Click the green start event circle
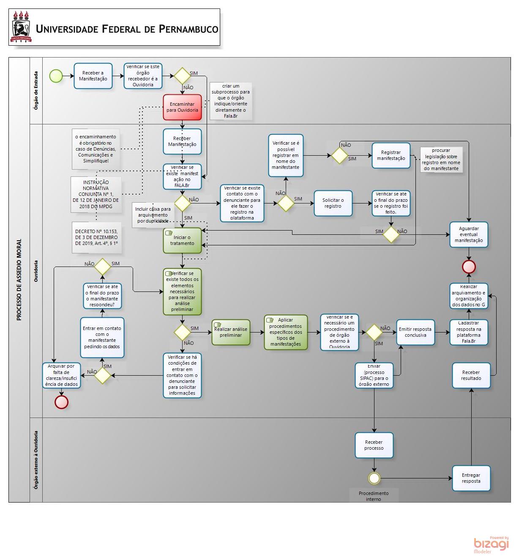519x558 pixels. coord(56,76)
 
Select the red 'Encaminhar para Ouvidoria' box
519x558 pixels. coord(182,107)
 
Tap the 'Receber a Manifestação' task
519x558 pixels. coord(93,76)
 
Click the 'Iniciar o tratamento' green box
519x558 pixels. coord(182,240)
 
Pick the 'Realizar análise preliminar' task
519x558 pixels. coord(231,332)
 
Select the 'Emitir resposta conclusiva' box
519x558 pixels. coord(415,332)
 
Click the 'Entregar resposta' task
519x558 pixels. coord(471,478)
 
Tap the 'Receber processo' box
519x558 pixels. coord(374,445)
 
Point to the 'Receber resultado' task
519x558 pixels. coord(471,375)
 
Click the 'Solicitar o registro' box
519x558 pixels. coord(333,203)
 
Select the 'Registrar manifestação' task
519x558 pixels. coord(391,155)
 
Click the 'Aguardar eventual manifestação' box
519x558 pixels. coord(469,234)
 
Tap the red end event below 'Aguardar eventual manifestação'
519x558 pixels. coord(469,267)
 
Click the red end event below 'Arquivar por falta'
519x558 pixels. coord(61,402)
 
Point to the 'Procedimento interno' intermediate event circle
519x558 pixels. coord(374,478)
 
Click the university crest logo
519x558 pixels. coord(21,27)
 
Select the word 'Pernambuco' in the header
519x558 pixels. coord(188,29)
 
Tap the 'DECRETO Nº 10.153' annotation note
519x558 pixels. coord(96,237)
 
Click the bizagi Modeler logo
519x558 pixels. coord(491,544)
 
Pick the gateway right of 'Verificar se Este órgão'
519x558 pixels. coord(182,76)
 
